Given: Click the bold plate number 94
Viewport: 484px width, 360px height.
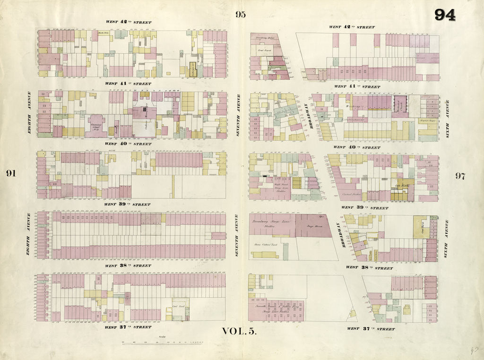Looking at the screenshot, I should pos(445,15).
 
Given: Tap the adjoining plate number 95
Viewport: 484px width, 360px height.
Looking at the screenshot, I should pos(241,14).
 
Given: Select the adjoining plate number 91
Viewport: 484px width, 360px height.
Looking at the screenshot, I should pos(11,173).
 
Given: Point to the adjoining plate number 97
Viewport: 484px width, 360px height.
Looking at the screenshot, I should pos(460,176).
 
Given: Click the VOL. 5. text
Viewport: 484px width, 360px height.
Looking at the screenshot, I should pos(239,331).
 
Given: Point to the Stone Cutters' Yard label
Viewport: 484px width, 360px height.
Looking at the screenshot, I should pos(265,245).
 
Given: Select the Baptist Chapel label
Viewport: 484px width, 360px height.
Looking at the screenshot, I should pos(427,121).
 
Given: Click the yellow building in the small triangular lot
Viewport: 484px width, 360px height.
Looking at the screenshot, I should pos(352,313).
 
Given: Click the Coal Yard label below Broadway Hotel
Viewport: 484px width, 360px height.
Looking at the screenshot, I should pos(263,49).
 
